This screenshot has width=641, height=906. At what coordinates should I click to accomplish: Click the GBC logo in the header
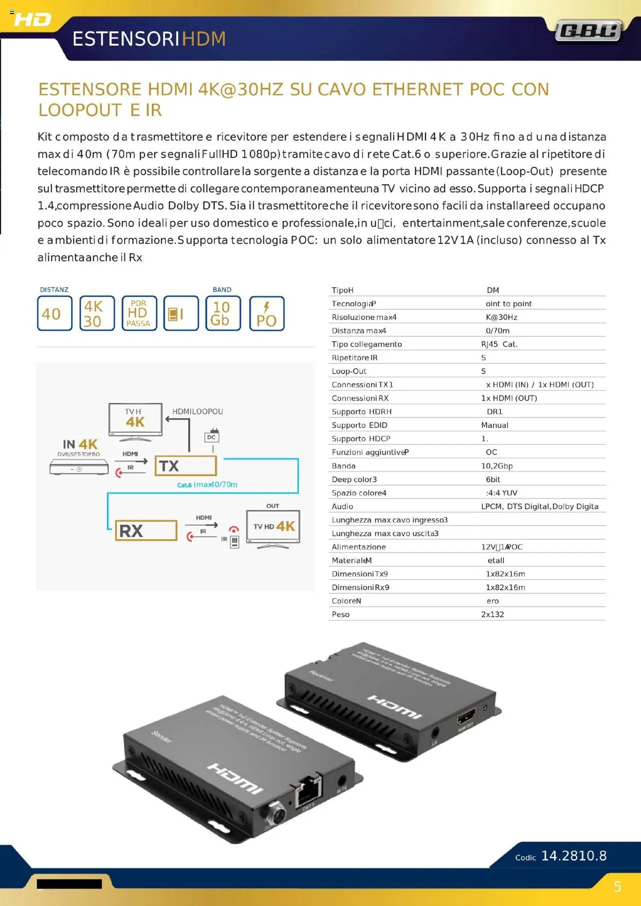pyautogui.click(x=588, y=31)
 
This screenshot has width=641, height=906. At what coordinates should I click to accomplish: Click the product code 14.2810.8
pyautogui.click(x=574, y=856)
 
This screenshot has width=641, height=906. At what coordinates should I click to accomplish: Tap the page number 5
pyautogui.click(x=617, y=887)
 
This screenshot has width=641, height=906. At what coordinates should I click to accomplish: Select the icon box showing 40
pyautogui.click(x=55, y=313)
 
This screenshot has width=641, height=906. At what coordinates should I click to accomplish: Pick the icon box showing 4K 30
pyautogui.click(x=97, y=313)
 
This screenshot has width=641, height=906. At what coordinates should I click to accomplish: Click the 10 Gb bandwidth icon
pyautogui.click(x=223, y=313)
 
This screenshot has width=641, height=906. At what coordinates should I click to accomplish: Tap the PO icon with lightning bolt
pyautogui.click(x=266, y=313)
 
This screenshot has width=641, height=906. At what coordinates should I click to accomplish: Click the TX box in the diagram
pyautogui.click(x=185, y=466)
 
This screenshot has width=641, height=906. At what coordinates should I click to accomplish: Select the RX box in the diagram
pyautogui.click(x=146, y=531)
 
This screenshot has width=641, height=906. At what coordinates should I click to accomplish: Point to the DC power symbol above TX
pyautogui.click(x=212, y=435)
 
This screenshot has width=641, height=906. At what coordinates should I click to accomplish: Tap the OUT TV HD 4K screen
pyautogui.click(x=273, y=527)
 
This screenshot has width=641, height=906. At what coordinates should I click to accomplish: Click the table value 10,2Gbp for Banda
pyautogui.click(x=497, y=466)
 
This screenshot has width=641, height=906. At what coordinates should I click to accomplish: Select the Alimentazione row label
pyautogui.click(x=359, y=547)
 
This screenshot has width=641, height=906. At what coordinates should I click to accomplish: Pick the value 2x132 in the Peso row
pyautogui.click(x=492, y=615)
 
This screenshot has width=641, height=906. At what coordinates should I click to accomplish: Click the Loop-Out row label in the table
pyautogui.click(x=349, y=371)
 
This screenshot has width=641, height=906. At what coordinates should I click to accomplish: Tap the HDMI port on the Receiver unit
pyautogui.click(x=466, y=717)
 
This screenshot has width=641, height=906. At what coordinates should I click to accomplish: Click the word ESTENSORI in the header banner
pyautogui.click(x=126, y=39)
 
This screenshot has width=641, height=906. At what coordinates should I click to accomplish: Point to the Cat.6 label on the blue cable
pyautogui.click(x=184, y=485)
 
